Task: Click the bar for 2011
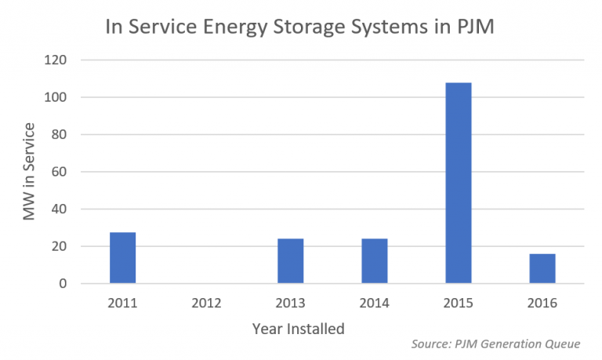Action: click(x=122, y=258)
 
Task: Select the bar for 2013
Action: click(x=291, y=261)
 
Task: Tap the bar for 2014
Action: click(x=375, y=261)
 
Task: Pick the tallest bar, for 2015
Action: click(x=459, y=183)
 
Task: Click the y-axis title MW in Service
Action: click(x=29, y=171)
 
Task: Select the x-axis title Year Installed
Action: click(x=298, y=329)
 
